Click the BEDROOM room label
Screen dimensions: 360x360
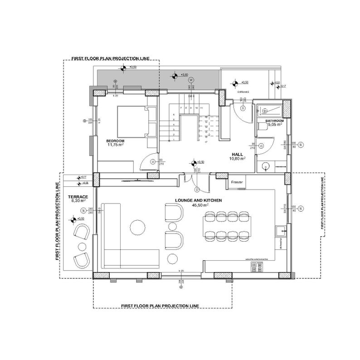coord(116,141)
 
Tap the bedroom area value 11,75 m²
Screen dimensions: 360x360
coord(116,146)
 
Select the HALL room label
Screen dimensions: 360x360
coord(238,154)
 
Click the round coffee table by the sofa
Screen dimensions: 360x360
coord(137,227)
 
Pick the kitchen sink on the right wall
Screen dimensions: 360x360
coord(281,230)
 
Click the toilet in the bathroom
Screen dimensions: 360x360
coord(262,129)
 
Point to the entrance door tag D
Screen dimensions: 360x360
coord(243,109)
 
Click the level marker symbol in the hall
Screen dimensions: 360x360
coord(194,162)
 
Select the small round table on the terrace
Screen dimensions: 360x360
coord(82,246)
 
